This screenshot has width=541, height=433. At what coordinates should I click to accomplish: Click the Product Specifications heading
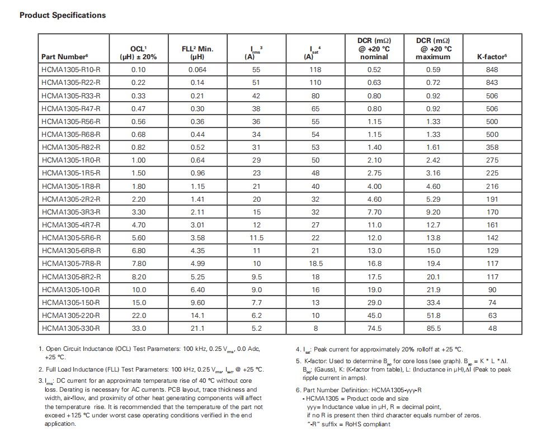coord(63,15)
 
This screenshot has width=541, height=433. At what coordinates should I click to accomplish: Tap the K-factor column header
coord(492,57)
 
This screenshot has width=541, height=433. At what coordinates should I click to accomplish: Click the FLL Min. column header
coord(197,53)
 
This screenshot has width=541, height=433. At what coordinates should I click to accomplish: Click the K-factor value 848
coord(492,70)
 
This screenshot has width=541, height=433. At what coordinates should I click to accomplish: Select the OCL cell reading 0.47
coord(138,108)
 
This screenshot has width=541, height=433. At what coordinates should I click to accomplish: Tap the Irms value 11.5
coord(256,238)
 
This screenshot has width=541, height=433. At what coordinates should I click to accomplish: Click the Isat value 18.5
coord(316,264)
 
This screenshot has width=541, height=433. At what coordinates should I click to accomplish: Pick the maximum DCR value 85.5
coord(433,329)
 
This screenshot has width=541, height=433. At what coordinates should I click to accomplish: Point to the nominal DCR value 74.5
coord(374,329)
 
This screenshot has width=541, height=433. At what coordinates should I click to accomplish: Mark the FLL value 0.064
coord(197,70)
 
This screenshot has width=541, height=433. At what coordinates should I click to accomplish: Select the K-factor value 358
coord(492,147)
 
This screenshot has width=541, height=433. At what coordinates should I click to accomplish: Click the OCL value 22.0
coord(138,316)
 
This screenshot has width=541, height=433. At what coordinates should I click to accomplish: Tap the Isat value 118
coord(316,70)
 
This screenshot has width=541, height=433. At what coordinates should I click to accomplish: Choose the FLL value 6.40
coord(197,290)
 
